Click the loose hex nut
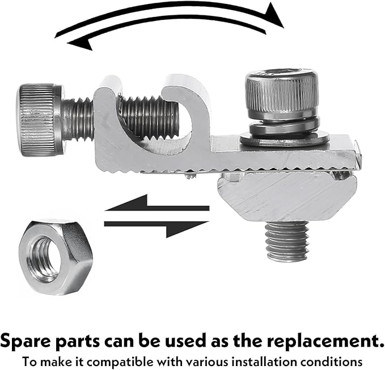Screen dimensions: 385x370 coord(56,257)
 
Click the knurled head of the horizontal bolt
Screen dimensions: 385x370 coord(39,120)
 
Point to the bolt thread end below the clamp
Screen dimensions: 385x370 coord(287,241)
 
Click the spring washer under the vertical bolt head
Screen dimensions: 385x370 coord(285,125)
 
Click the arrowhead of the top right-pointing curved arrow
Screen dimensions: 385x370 coord(274,15)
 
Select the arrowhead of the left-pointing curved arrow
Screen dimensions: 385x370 coord(80,44)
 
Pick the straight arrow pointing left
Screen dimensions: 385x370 coord(157,203)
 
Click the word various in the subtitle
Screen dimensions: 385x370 coord(204,361)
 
